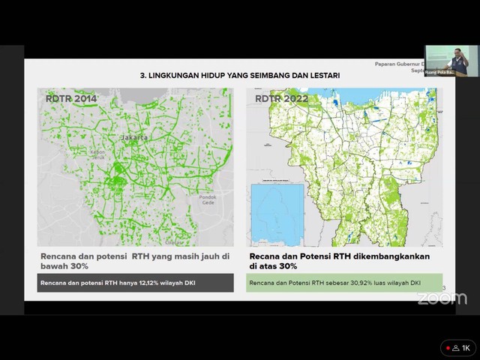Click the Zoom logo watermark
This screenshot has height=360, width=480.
click(x=442, y=298)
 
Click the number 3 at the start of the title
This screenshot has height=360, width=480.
click(x=142, y=76)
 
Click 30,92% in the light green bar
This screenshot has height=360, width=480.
click(x=352, y=283)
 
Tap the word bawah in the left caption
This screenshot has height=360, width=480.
click(x=57, y=266)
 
